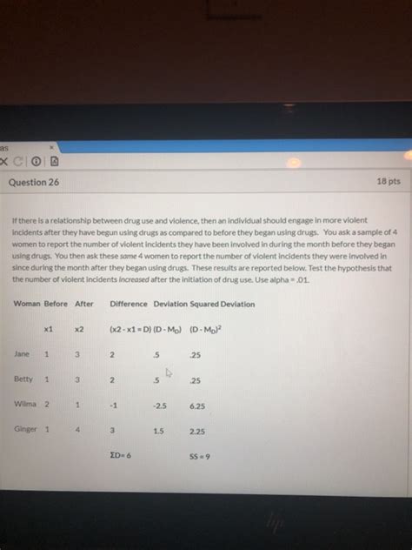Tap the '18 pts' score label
pos(388,184)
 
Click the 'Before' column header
pos(56,304)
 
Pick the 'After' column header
pos(84,304)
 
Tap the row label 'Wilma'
pos(24,405)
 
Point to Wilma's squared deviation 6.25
pos(196,406)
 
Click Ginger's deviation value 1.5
pos(158,430)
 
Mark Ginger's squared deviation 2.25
pos(196,430)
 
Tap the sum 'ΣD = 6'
pos(118,455)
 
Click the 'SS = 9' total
pos(199,455)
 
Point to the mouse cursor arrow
pos(170,374)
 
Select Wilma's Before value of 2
pos(47,405)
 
